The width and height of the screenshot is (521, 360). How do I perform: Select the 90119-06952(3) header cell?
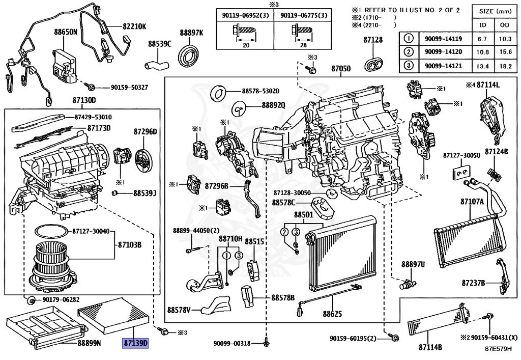tap(245, 16)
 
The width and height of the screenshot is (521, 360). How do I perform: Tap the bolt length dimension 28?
tap(303, 45)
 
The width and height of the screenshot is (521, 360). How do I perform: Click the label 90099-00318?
tap(233, 344)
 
